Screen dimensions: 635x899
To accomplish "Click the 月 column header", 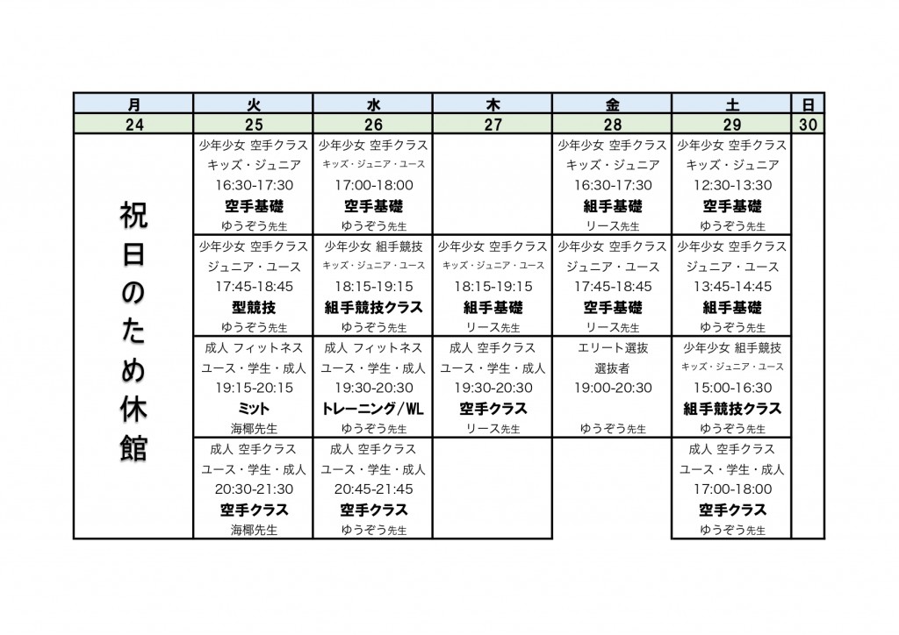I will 133,104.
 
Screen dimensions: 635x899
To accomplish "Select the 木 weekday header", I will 493,104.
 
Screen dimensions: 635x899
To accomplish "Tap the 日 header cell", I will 808,104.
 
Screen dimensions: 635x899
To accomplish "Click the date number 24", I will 133,125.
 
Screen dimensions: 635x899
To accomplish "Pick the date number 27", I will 493,125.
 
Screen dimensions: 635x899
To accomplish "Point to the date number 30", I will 808,125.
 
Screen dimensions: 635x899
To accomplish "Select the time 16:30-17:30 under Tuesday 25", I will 254,185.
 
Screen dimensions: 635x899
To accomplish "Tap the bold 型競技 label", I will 254,307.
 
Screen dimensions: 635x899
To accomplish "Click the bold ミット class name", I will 254,409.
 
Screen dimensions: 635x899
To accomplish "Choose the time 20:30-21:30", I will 254,489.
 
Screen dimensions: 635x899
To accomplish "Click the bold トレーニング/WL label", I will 373,409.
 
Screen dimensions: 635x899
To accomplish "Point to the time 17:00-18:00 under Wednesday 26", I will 373,185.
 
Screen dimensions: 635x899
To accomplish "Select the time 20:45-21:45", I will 373,489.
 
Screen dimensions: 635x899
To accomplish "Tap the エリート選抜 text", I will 613,348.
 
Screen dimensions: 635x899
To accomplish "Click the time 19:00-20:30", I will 613,388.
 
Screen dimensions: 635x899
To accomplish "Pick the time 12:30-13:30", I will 732,185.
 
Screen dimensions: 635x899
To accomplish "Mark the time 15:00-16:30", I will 732,388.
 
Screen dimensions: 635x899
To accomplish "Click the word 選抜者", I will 613,368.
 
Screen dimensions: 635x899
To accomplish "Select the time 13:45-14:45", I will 732,287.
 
